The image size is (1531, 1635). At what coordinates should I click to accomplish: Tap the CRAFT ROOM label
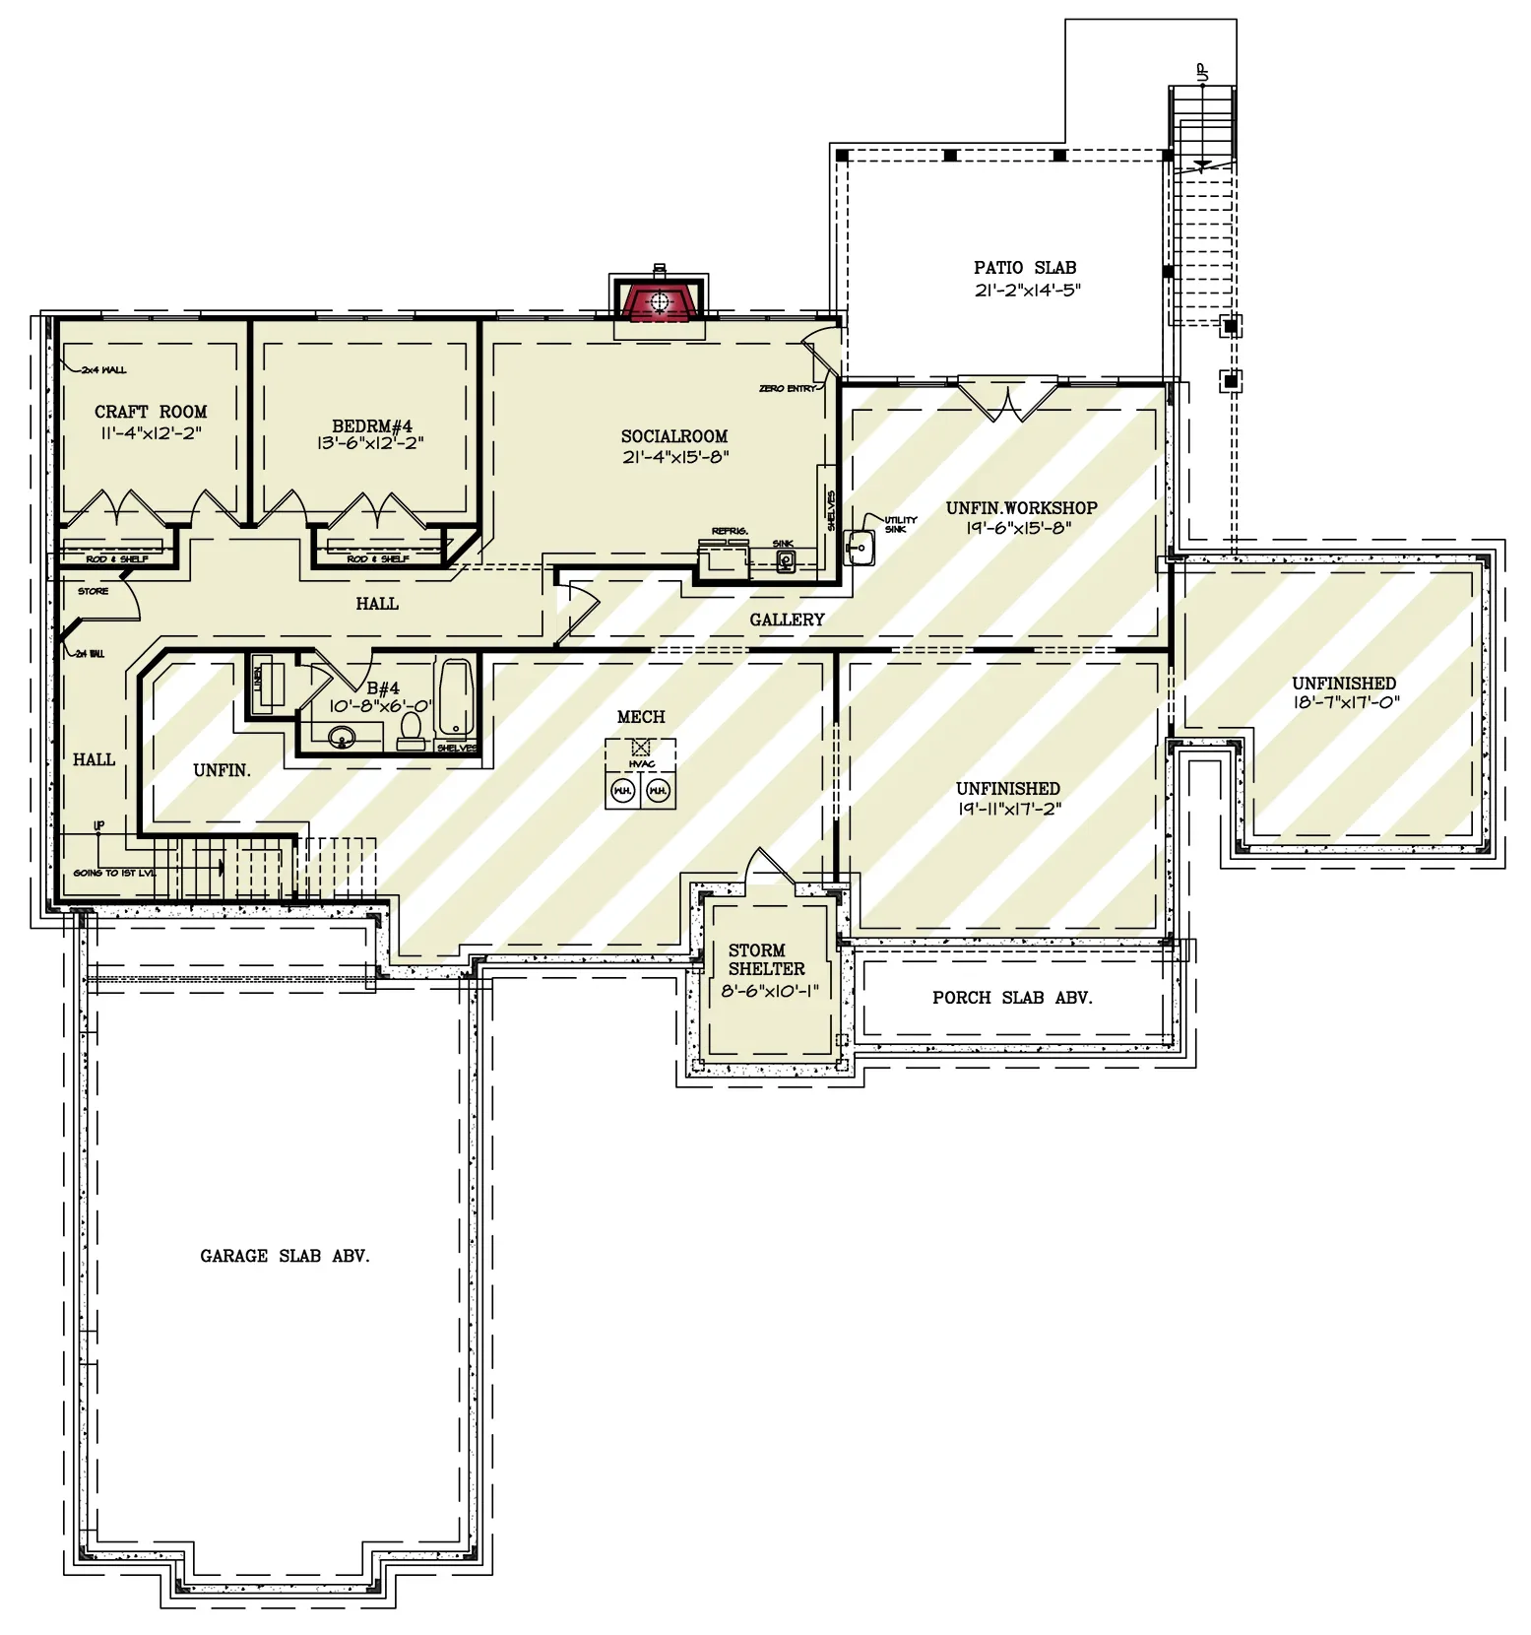pos(151,412)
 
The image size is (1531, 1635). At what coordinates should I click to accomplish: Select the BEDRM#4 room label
pos(371,425)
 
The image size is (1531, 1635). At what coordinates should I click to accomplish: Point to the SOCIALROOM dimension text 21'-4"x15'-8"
pos(674,457)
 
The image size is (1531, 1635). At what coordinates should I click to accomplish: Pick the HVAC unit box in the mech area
pos(641,748)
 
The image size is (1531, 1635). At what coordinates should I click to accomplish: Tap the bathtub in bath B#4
pos(455,698)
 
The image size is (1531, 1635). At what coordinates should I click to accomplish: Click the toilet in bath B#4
pos(411,729)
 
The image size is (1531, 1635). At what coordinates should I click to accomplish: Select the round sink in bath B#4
pos(342,736)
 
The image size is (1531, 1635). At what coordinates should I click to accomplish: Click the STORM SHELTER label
pos(765,959)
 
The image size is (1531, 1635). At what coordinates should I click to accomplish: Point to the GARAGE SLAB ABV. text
pos(285,1256)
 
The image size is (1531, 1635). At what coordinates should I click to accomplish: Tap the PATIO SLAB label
pos(1025,268)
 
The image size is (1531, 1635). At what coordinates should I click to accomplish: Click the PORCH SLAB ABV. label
pos(1012,998)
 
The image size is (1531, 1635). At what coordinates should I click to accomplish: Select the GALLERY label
pos(786,620)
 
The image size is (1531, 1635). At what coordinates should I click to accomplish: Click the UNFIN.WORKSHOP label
pos(1021,508)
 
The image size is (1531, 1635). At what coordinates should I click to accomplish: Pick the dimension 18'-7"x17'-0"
pos(1345,703)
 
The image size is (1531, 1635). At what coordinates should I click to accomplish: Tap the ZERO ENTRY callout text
pos(788,389)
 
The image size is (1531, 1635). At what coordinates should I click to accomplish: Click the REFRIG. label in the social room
pos(730,531)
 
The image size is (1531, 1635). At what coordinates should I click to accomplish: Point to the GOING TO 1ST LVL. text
pos(114,874)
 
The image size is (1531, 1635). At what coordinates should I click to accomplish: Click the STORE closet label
pos(94,591)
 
